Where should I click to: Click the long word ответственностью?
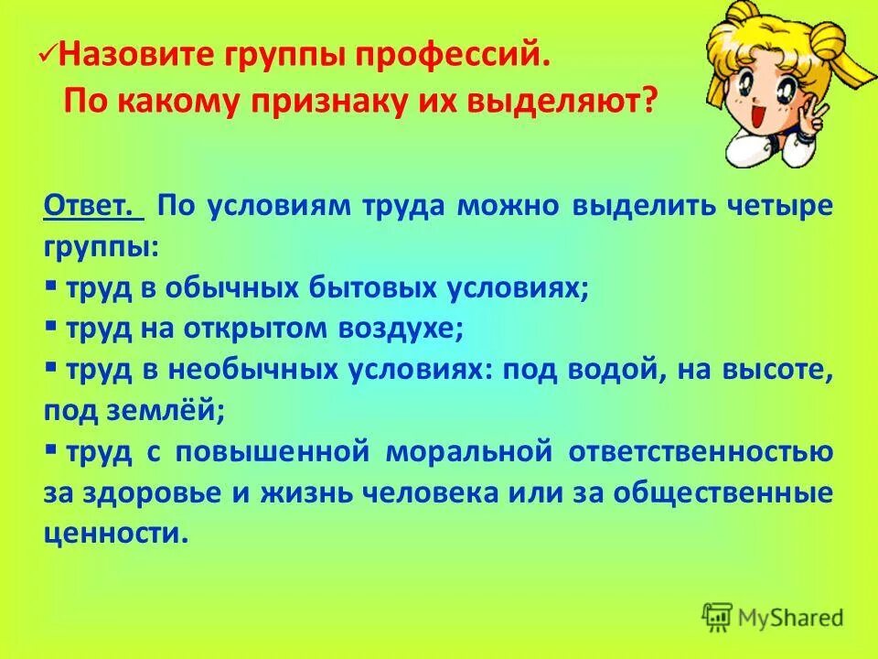701,451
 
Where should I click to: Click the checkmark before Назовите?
49,57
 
